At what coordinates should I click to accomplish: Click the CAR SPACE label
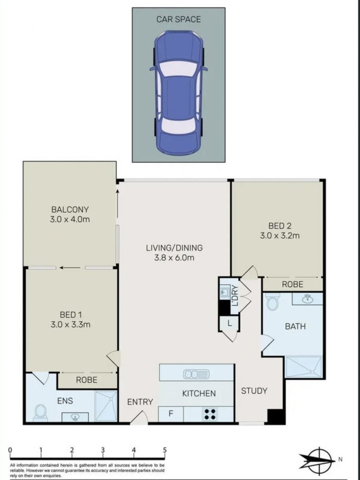point(179,19)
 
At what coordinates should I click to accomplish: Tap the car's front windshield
point(178,68)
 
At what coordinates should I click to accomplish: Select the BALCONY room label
point(70,210)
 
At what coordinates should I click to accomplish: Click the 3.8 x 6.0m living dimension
point(174,257)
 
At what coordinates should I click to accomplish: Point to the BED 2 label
point(280,226)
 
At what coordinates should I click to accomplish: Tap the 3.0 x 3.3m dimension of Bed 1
point(70,324)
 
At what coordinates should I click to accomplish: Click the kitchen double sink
point(196,374)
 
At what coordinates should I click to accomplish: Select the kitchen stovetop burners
point(210,414)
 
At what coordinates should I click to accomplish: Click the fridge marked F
point(171,414)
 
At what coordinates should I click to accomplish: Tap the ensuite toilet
point(40,413)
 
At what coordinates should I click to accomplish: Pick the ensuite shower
point(106,406)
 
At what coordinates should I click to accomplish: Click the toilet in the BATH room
point(272,301)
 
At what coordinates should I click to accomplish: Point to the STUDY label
point(254,391)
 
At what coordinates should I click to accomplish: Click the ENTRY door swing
point(139,418)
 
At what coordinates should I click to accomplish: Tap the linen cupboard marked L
point(229,323)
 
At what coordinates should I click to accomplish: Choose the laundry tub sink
point(225,292)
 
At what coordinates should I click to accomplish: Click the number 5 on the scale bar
point(165,450)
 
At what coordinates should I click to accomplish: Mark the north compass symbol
point(318,460)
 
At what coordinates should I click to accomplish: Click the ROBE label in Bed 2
point(292,284)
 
